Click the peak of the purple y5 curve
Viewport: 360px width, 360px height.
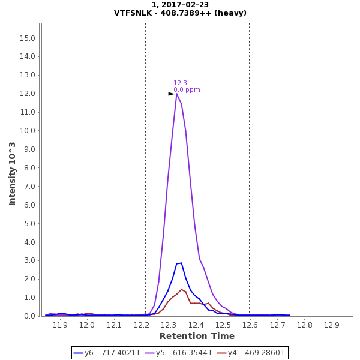176,94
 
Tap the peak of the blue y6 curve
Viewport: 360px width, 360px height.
181,263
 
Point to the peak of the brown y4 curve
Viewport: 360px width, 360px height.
181,289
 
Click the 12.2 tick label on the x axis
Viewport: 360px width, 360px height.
142,325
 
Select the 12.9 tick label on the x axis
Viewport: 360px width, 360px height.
331,325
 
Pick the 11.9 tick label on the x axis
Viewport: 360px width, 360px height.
60,325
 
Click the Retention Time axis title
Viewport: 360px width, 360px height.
197,336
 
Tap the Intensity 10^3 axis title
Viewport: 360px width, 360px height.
13,173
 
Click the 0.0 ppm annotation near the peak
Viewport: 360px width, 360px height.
187,90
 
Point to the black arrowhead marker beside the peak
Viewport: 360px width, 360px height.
171,94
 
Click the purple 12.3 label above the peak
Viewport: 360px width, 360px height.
180,83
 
